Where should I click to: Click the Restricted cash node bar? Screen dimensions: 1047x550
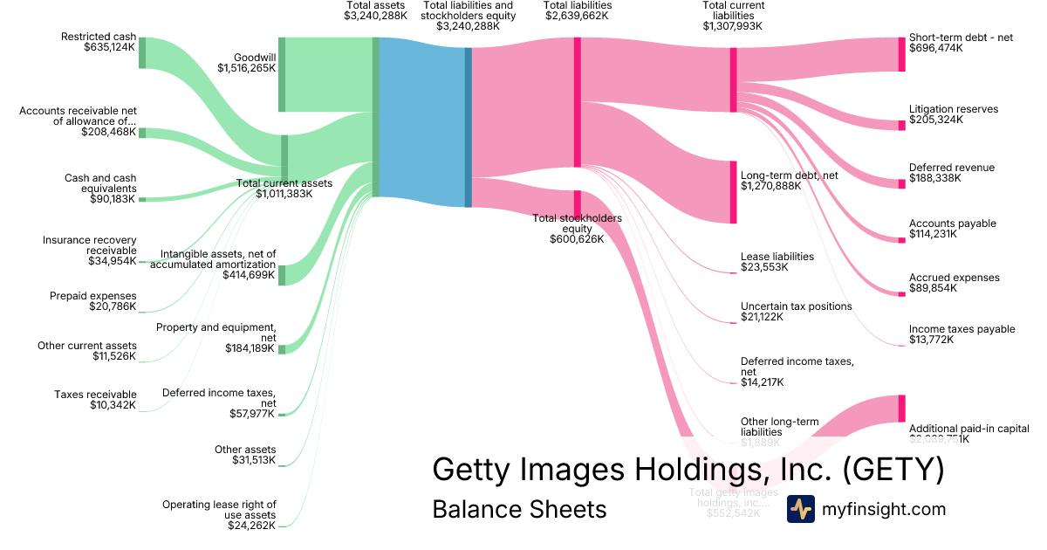point(142,53)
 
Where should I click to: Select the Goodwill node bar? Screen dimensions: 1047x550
point(282,74)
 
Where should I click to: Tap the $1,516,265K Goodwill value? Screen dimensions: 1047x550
point(247,69)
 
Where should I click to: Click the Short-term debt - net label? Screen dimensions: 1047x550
point(961,38)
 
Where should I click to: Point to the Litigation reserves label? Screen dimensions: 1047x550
point(953,109)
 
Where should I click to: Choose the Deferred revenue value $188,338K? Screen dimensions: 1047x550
point(935,178)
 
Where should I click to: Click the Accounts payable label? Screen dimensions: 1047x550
point(952,223)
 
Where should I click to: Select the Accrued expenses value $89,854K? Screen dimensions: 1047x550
point(935,288)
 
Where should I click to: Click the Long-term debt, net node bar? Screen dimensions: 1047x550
point(733,192)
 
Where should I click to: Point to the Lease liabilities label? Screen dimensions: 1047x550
point(777,257)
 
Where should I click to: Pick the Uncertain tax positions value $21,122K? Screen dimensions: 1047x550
point(762,317)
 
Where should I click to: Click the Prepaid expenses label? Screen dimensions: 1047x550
point(92,296)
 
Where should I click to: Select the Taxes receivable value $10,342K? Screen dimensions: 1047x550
point(113,405)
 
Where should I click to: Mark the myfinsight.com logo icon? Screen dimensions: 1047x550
point(800,509)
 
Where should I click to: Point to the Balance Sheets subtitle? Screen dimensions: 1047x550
point(519,509)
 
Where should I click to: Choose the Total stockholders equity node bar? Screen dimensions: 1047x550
point(577,203)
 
